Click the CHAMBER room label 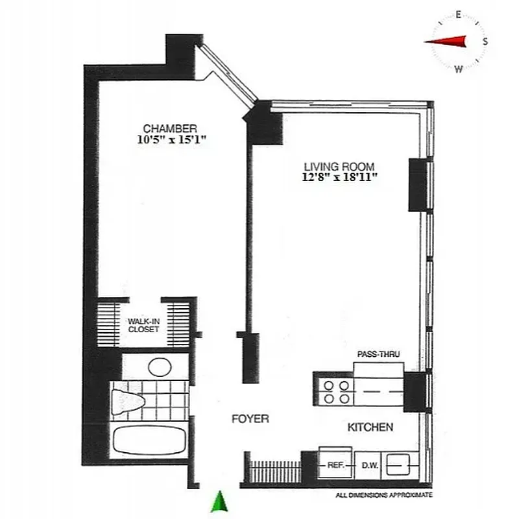click(x=170, y=128)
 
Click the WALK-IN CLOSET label click(x=143, y=324)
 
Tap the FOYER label click(x=250, y=419)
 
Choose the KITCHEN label click(x=370, y=428)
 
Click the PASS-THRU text click(x=379, y=354)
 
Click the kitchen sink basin click(x=397, y=465)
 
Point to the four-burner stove click(x=336, y=389)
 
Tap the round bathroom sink click(x=160, y=367)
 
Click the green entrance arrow click(x=221, y=501)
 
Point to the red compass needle click(x=448, y=42)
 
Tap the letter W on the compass click(x=459, y=69)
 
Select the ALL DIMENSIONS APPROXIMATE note click(x=384, y=496)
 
